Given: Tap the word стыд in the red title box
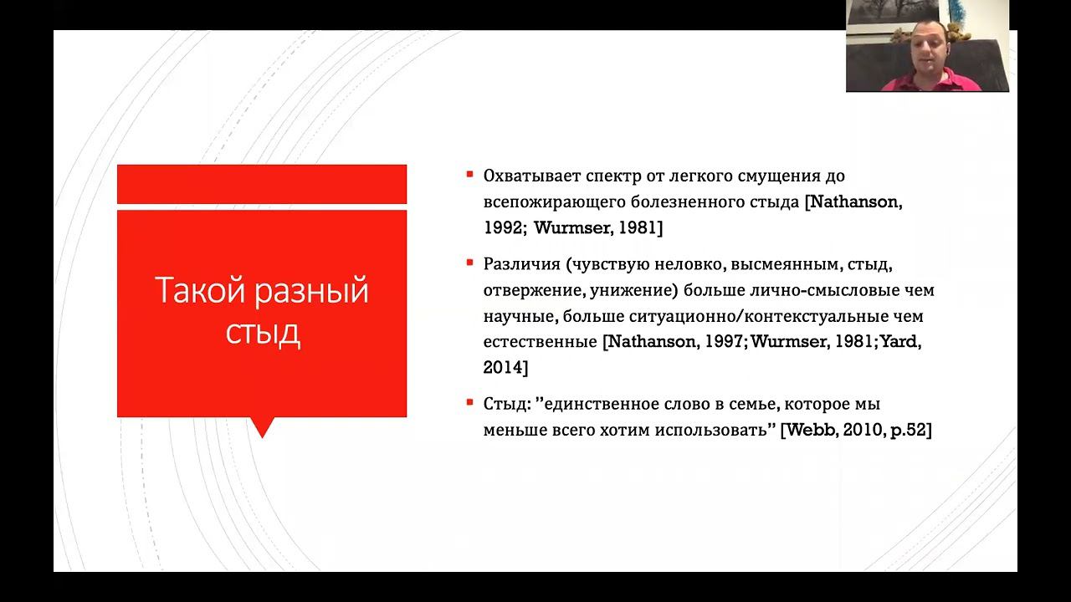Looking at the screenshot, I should point(263,333).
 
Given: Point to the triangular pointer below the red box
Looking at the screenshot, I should point(263,427).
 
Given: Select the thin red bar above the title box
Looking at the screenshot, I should point(261,184).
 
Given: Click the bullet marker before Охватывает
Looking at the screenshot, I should point(470,175).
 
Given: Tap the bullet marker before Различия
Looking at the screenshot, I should point(470,263).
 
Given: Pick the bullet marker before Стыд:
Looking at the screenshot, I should point(470,403).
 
